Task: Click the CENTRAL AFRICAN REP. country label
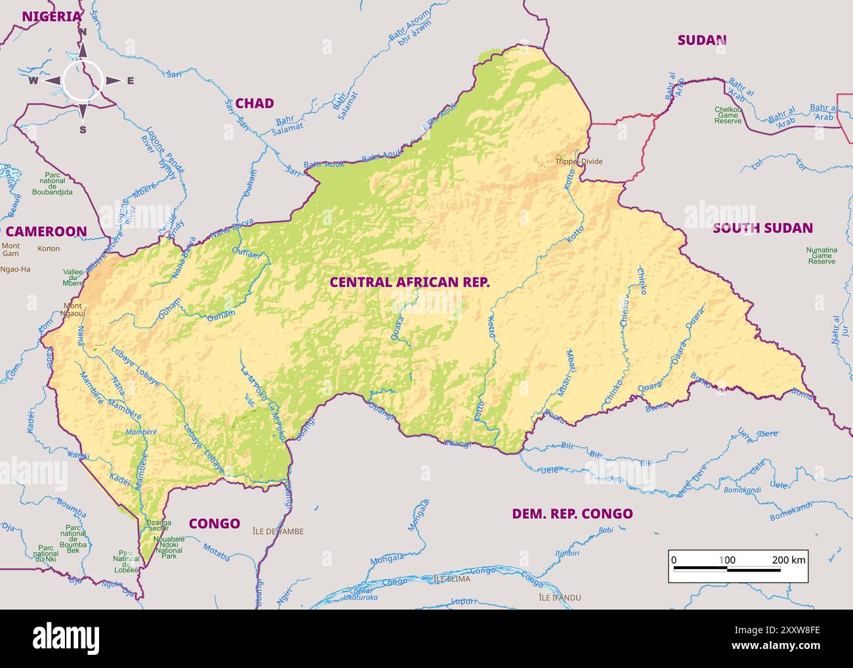point(409,282)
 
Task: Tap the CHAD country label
point(254,103)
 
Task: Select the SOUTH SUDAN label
point(762,228)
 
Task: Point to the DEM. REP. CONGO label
point(572,514)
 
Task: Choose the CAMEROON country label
point(46,231)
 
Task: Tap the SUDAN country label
point(701,40)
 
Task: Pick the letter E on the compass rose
point(130,81)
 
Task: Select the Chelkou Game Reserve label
point(728,115)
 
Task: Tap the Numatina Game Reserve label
point(822,255)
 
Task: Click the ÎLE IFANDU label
point(559,598)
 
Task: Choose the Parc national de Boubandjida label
point(52,184)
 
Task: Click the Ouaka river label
point(397,328)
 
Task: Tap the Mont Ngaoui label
point(73,310)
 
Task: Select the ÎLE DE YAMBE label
point(278,532)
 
